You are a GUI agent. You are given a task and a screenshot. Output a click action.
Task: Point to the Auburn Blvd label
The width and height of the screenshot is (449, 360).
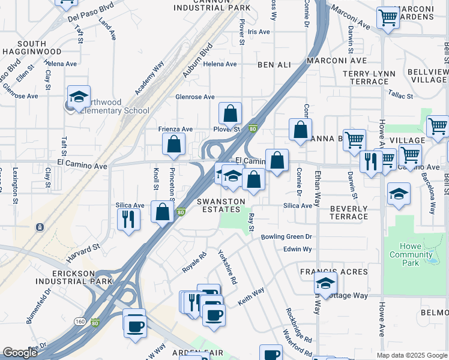(198, 59)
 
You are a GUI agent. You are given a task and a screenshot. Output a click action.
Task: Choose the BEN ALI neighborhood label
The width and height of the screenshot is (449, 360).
(274, 64)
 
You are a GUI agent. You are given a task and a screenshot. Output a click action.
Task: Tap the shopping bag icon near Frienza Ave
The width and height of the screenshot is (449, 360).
(173, 144)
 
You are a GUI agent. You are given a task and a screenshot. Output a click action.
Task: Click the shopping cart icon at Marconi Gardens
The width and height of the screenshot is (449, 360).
(388, 17)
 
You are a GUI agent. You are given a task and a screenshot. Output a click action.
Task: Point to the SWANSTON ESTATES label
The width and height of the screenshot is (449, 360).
(221, 206)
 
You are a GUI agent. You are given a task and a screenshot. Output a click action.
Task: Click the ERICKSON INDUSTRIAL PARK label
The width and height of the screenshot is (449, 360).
(74, 277)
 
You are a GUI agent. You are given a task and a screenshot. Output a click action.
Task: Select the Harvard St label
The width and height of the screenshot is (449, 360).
(83, 250)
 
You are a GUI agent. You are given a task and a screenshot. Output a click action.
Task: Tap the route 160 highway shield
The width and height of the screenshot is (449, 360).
(80, 322)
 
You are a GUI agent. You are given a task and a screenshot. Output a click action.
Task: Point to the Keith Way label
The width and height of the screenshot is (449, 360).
(251, 296)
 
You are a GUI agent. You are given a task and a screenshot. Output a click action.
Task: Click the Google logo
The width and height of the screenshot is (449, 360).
(20, 353)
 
